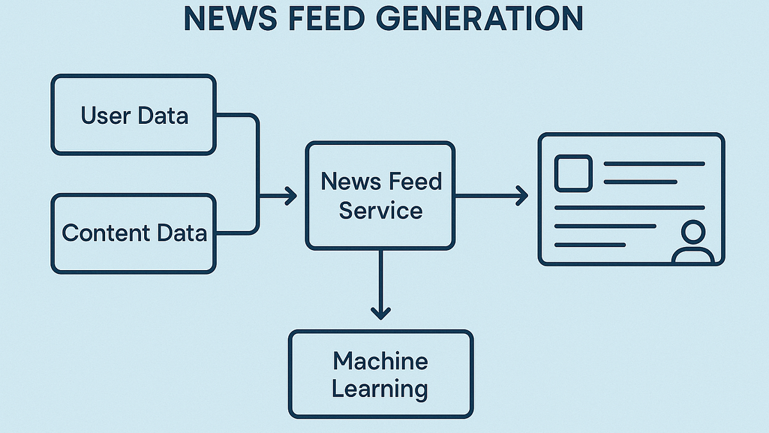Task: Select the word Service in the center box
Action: coord(381,210)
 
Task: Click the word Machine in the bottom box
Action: coord(381,361)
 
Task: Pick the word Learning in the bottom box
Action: coord(381,389)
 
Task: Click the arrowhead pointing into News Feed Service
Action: coord(291,196)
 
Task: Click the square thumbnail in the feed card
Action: coord(573,173)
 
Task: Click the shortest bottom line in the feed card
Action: coord(590,244)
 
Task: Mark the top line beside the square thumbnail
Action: coord(654,164)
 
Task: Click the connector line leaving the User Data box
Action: coord(237,115)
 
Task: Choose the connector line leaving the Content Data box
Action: coord(237,232)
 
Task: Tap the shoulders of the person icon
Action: coord(693,256)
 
